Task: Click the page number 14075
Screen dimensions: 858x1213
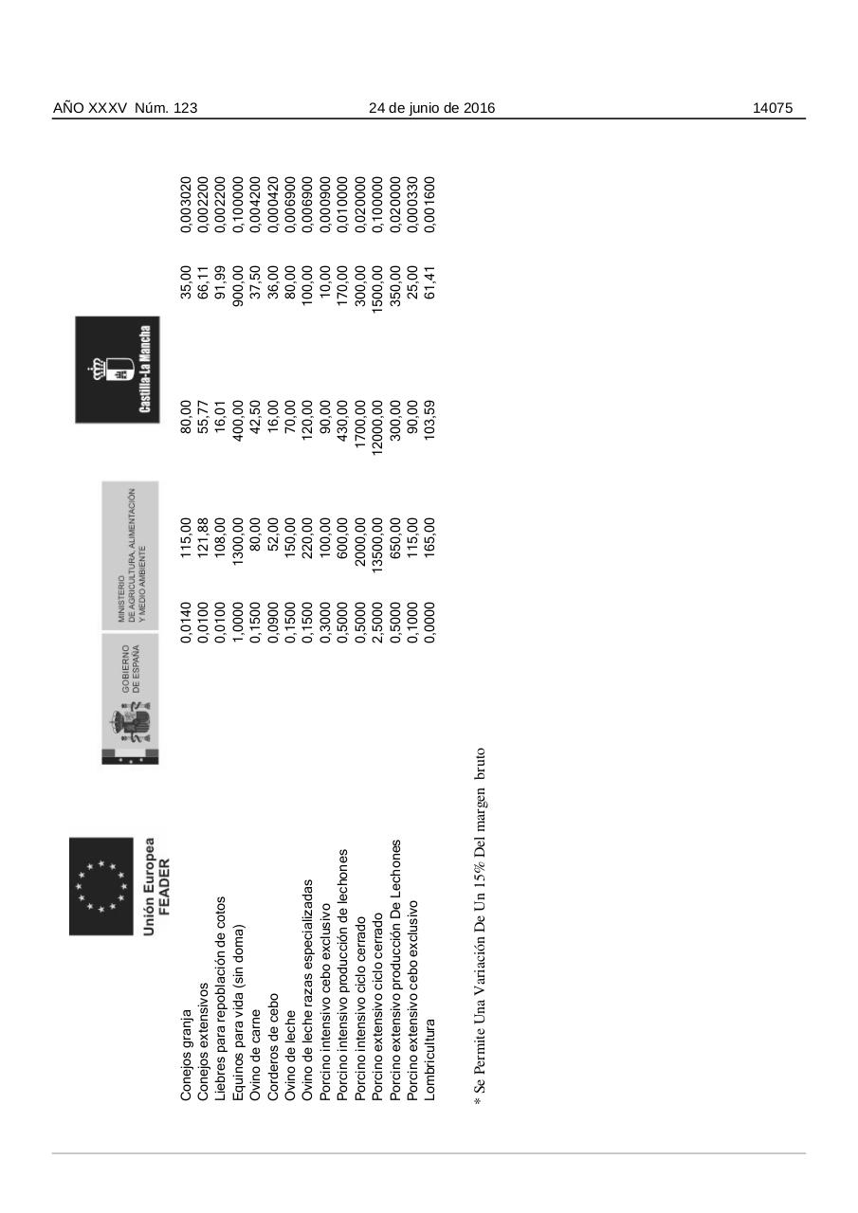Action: point(772,108)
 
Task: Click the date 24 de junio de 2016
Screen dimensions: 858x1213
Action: point(431,108)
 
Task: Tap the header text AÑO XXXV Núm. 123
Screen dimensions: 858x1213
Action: point(125,108)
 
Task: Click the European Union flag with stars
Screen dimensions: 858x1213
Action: point(100,885)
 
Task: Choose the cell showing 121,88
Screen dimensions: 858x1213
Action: point(204,536)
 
